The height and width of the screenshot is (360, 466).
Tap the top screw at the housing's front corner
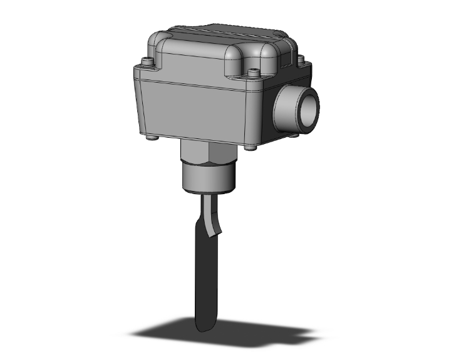254,74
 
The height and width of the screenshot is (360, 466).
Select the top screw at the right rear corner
301,59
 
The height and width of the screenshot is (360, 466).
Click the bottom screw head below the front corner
251,147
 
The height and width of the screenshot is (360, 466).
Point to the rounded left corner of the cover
155,45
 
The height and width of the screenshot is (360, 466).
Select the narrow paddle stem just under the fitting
207,203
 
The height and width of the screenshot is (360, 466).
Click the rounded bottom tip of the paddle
204,326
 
